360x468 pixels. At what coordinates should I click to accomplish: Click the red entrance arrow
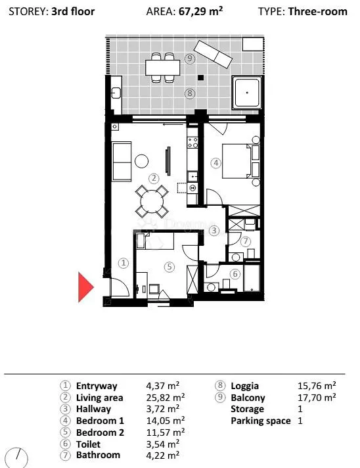[85, 287]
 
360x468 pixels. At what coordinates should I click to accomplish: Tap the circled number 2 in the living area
[154, 179]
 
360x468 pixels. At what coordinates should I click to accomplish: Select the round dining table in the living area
[152, 202]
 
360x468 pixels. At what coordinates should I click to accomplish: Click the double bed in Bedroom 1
[237, 162]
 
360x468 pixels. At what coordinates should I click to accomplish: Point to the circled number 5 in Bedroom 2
[169, 266]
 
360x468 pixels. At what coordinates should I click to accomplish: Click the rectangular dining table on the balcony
[163, 68]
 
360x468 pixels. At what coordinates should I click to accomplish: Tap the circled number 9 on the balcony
[190, 59]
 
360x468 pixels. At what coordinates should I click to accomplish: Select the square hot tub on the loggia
[247, 93]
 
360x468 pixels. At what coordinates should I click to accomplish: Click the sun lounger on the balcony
[213, 53]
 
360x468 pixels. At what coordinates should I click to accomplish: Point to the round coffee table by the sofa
[142, 161]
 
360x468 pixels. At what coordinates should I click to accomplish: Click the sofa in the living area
[122, 162]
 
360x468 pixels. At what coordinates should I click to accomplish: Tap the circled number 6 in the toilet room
[235, 273]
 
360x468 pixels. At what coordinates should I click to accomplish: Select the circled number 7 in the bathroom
[246, 241]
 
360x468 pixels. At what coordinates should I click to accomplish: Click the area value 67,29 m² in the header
[201, 11]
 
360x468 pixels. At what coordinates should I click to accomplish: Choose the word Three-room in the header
[318, 11]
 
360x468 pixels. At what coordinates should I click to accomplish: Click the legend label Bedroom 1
[100, 421]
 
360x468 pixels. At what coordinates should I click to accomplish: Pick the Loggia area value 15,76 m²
[317, 386]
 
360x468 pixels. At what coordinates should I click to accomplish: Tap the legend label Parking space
[261, 421]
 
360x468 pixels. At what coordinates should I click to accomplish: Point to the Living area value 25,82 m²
[166, 397]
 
